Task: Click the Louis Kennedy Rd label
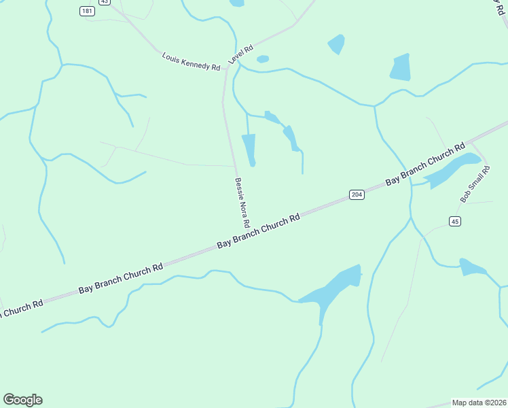[x=192, y=62]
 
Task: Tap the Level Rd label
[x=241, y=54]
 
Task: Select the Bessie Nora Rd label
[x=242, y=203]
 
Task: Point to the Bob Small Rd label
[x=474, y=185]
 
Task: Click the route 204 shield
[x=357, y=195]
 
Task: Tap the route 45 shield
[x=455, y=221]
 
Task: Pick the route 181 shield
[x=86, y=11]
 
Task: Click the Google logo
[x=22, y=400]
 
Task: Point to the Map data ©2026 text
[x=479, y=403]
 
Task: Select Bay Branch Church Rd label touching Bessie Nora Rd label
[x=259, y=231]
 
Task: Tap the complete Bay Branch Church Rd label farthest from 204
[x=121, y=278]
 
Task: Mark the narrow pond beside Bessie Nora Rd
[x=249, y=149]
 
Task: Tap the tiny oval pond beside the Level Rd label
[x=263, y=59]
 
